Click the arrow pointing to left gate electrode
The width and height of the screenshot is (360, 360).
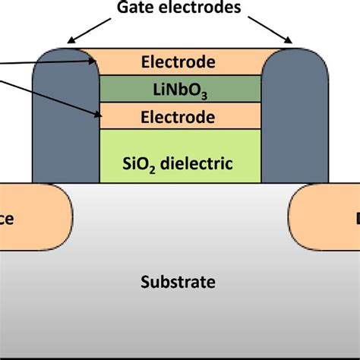(87, 30)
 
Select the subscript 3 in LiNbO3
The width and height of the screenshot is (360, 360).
(205, 95)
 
